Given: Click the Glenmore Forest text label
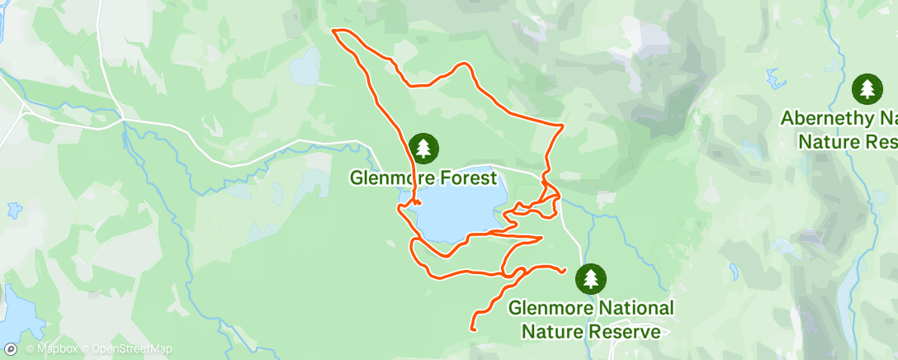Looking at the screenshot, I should coord(423,178).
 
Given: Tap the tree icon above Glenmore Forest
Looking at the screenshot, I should coord(423,149).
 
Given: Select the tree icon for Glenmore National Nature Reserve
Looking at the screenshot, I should coord(591,278).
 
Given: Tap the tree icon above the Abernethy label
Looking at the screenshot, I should coord(867,88).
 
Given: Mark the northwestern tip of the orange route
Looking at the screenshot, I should coord(333,31).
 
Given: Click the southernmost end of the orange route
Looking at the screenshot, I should coord(473,329).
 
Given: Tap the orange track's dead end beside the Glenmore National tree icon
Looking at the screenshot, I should coord(563,270).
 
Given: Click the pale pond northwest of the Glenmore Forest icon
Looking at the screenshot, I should coord(305,66).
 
